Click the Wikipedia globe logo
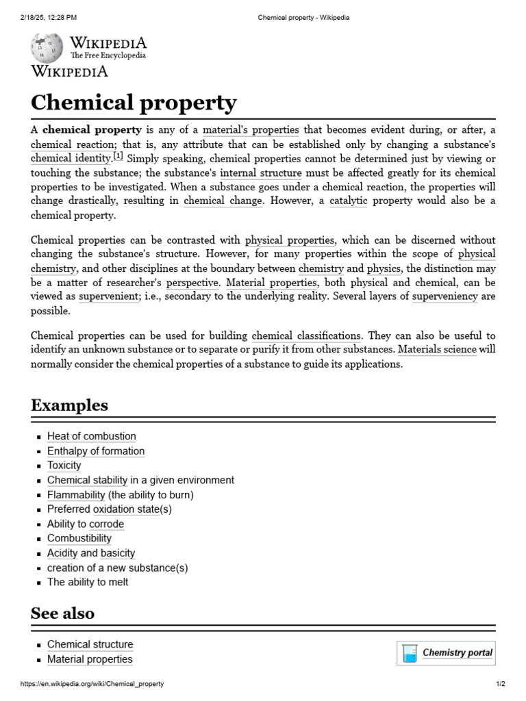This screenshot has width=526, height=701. click(47, 47)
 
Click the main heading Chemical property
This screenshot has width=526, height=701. click(134, 103)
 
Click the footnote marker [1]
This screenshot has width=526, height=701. click(118, 157)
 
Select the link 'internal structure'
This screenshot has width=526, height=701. click(262, 173)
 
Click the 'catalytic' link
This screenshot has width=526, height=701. click(349, 201)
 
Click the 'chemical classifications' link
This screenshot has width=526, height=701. click(306, 335)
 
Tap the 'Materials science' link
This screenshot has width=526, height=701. click(437, 349)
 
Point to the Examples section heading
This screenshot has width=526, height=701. click(69, 405)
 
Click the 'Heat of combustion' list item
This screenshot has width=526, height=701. click(91, 436)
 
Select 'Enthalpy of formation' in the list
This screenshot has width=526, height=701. click(96, 451)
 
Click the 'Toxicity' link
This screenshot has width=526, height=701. click(64, 466)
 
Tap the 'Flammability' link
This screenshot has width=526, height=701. click(76, 494)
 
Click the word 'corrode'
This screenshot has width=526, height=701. click(107, 524)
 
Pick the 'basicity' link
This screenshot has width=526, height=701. click(118, 553)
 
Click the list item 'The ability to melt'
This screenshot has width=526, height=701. click(88, 582)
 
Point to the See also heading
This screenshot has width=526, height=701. click(62, 613)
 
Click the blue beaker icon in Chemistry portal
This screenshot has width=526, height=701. click(410, 653)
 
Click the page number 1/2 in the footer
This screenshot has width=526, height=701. click(500, 684)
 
